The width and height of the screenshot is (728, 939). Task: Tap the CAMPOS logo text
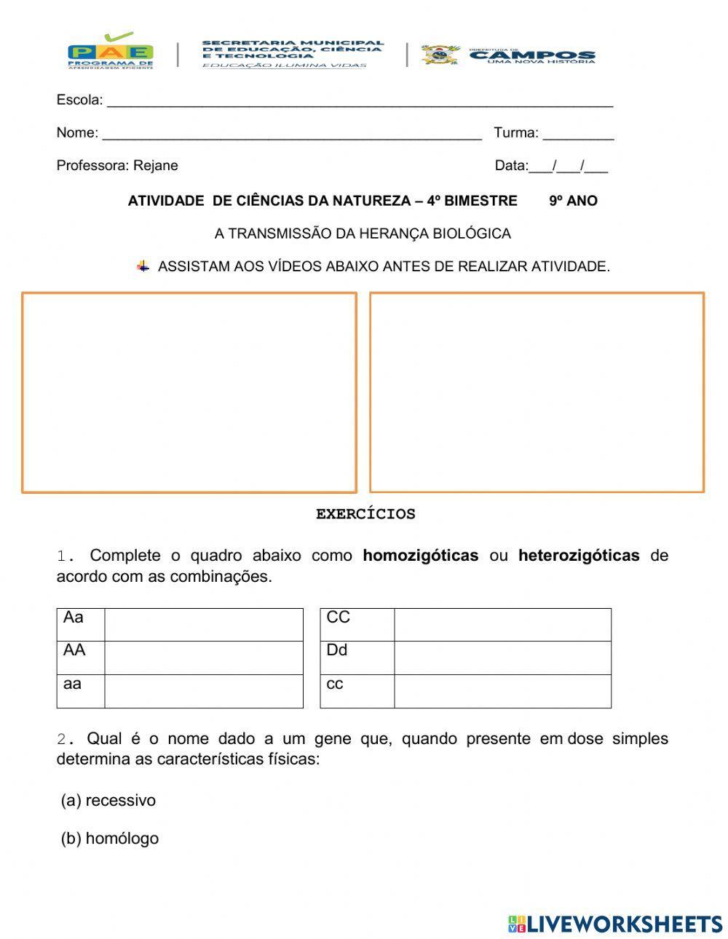[x=532, y=55]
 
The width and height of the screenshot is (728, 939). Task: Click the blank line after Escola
[x=360, y=100]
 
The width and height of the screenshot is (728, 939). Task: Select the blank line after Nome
[x=291, y=133]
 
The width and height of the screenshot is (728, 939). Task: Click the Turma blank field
[x=578, y=133]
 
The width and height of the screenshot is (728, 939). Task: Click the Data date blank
[x=569, y=166]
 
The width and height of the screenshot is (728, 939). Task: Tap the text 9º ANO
[x=573, y=201]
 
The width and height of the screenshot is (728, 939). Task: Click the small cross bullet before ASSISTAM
[x=143, y=266]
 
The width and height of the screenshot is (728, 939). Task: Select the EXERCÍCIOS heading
[x=365, y=514]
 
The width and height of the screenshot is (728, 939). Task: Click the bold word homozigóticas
[x=420, y=556]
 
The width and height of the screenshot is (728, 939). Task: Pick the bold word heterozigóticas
[x=579, y=556]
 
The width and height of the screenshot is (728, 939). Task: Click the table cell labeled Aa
[x=80, y=624]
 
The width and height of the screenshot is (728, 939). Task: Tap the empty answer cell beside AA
[x=204, y=658]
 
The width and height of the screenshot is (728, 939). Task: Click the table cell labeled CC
[x=357, y=624]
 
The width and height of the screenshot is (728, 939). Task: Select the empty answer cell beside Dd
[x=502, y=658]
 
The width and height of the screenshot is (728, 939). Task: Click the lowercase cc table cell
[x=357, y=691]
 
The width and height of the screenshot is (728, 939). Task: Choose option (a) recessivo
[x=108, y=801]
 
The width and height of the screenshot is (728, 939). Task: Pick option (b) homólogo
[x=110, y=839]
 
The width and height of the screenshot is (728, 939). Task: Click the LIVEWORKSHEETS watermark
[x=615, y=924]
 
